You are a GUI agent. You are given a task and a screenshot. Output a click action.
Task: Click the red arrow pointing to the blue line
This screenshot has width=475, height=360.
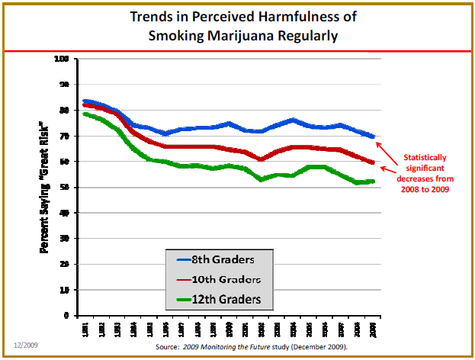click(x=389, y=146)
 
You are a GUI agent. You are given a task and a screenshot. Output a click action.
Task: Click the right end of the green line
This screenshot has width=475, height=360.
click(x=372, y=181)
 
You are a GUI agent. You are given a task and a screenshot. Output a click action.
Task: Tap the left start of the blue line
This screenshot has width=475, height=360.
click(x=85, y=101)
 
